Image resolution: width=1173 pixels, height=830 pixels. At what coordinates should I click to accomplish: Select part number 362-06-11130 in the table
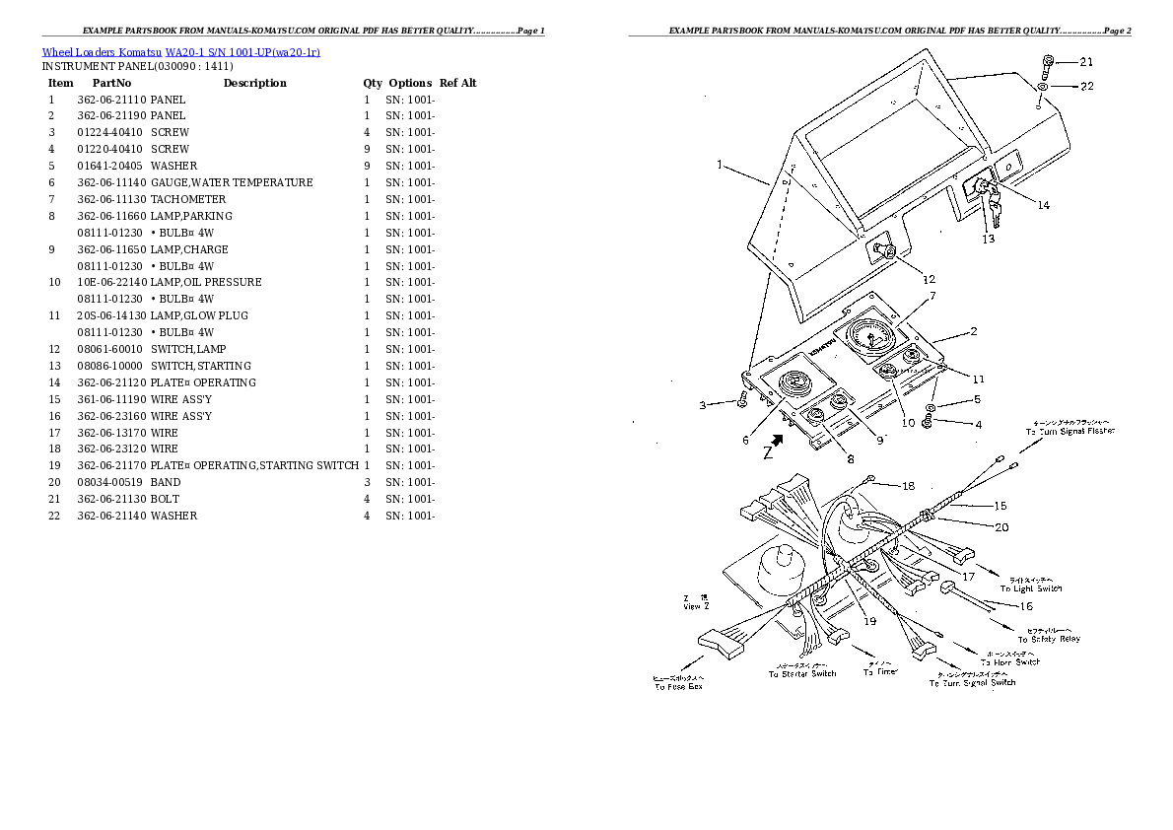(111, 199)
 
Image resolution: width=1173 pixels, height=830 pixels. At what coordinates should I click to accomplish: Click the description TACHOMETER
(188, 199)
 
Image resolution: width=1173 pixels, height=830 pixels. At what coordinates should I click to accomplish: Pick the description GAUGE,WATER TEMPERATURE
(232, 182)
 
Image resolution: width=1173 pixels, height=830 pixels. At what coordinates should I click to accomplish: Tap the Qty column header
(372, 83)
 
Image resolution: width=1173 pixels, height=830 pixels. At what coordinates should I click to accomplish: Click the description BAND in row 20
(166, 482)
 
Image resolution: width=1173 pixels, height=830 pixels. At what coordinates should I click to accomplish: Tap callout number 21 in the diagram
(1086, 62)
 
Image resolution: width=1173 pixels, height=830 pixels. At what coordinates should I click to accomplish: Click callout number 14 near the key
(1043, 205)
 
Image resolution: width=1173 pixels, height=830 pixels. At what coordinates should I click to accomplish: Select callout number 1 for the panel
(721, 165)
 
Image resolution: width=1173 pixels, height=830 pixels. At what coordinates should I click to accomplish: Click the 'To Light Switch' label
(1031, 588)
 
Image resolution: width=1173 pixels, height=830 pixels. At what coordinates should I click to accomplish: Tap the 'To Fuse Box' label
(678, 686)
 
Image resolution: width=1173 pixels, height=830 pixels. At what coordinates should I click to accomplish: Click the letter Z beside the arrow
(766, 453)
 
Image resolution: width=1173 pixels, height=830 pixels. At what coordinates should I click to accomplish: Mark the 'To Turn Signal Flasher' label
(1069, 432)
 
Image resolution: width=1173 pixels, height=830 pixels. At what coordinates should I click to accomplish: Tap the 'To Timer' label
(880, 671)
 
